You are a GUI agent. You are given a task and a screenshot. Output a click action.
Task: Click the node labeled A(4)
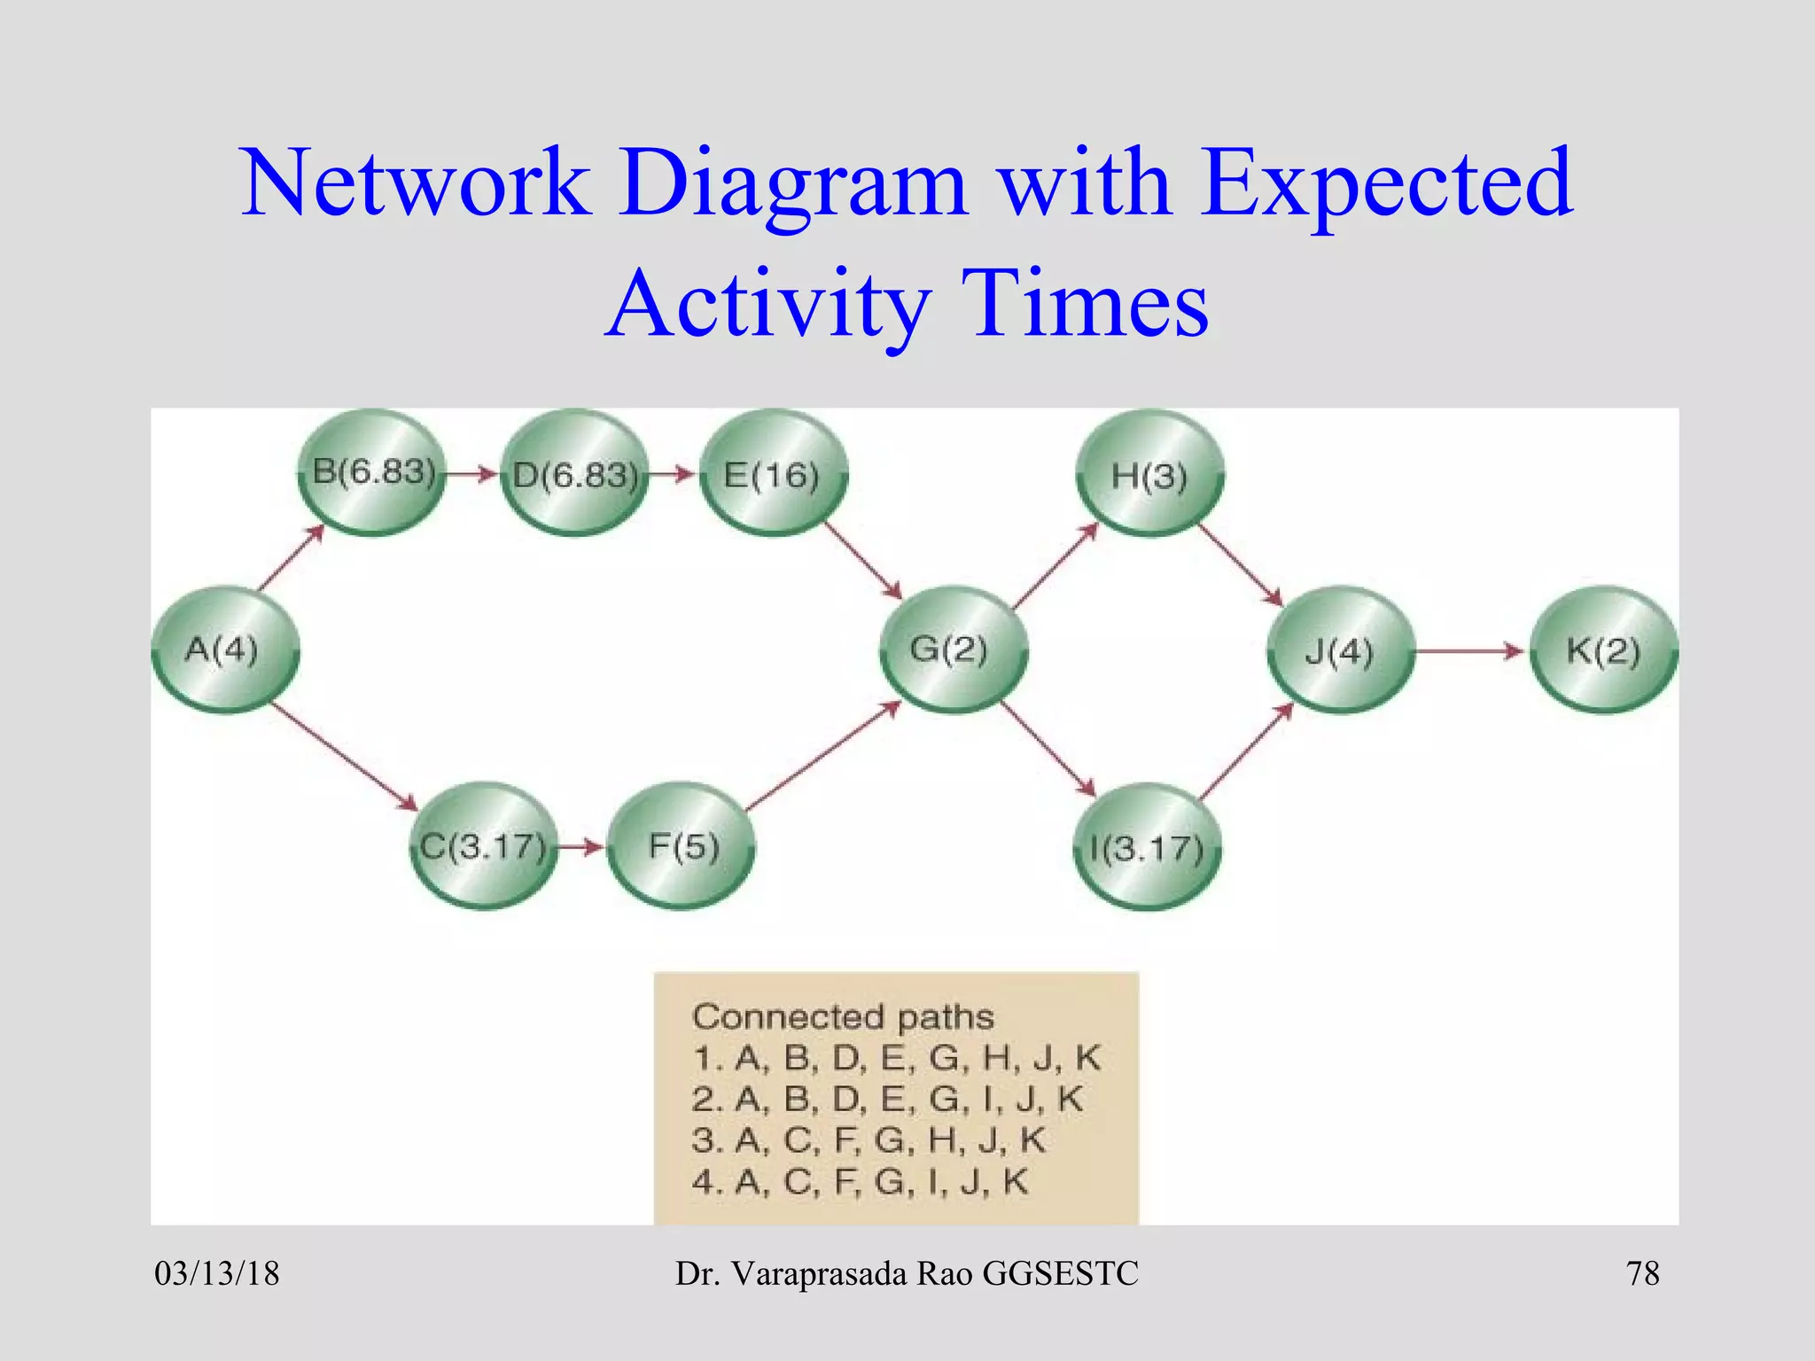point(224,649)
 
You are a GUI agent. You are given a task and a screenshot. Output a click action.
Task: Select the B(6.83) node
point(372,472)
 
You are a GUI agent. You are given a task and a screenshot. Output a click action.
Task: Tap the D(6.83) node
point(574,474)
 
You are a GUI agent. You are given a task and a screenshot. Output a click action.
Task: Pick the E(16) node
point(773,474)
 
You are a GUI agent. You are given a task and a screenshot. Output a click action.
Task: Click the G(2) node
point(953,649)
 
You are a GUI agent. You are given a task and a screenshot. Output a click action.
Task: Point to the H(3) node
point(1149,474)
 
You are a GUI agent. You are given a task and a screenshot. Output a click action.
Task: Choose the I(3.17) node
point(1147,848)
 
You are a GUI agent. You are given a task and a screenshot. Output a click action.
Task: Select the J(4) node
point(1340,651)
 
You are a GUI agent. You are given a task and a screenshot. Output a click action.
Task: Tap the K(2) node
point(1603,651)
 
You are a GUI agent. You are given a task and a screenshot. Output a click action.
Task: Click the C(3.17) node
point(483,846)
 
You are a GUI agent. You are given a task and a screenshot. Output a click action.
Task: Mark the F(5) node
point(682,846)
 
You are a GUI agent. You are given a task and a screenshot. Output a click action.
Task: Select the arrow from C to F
point(581,847)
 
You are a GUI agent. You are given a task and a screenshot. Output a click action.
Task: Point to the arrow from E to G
point(863,560)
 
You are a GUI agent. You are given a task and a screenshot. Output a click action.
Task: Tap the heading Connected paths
point(843,1016)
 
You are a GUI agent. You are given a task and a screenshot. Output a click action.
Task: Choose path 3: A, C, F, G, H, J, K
point(869,1140)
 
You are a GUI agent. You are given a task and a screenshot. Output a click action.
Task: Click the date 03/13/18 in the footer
point(217,1273)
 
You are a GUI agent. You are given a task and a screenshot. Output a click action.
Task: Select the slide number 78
point(1642,1273)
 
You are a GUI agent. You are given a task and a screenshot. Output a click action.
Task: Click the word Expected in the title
point(1386,183)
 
